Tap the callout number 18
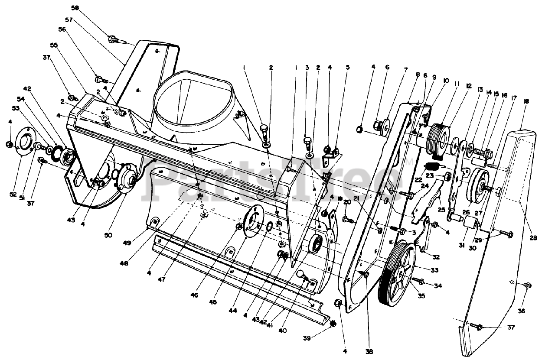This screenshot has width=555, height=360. [526, 101]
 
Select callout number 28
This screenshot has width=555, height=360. [533, 237]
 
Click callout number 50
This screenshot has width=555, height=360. [108, 235]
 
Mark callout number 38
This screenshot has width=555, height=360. [369, 352]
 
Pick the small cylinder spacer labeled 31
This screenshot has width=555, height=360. [470, 223]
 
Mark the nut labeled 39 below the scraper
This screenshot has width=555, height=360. [333, 324]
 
